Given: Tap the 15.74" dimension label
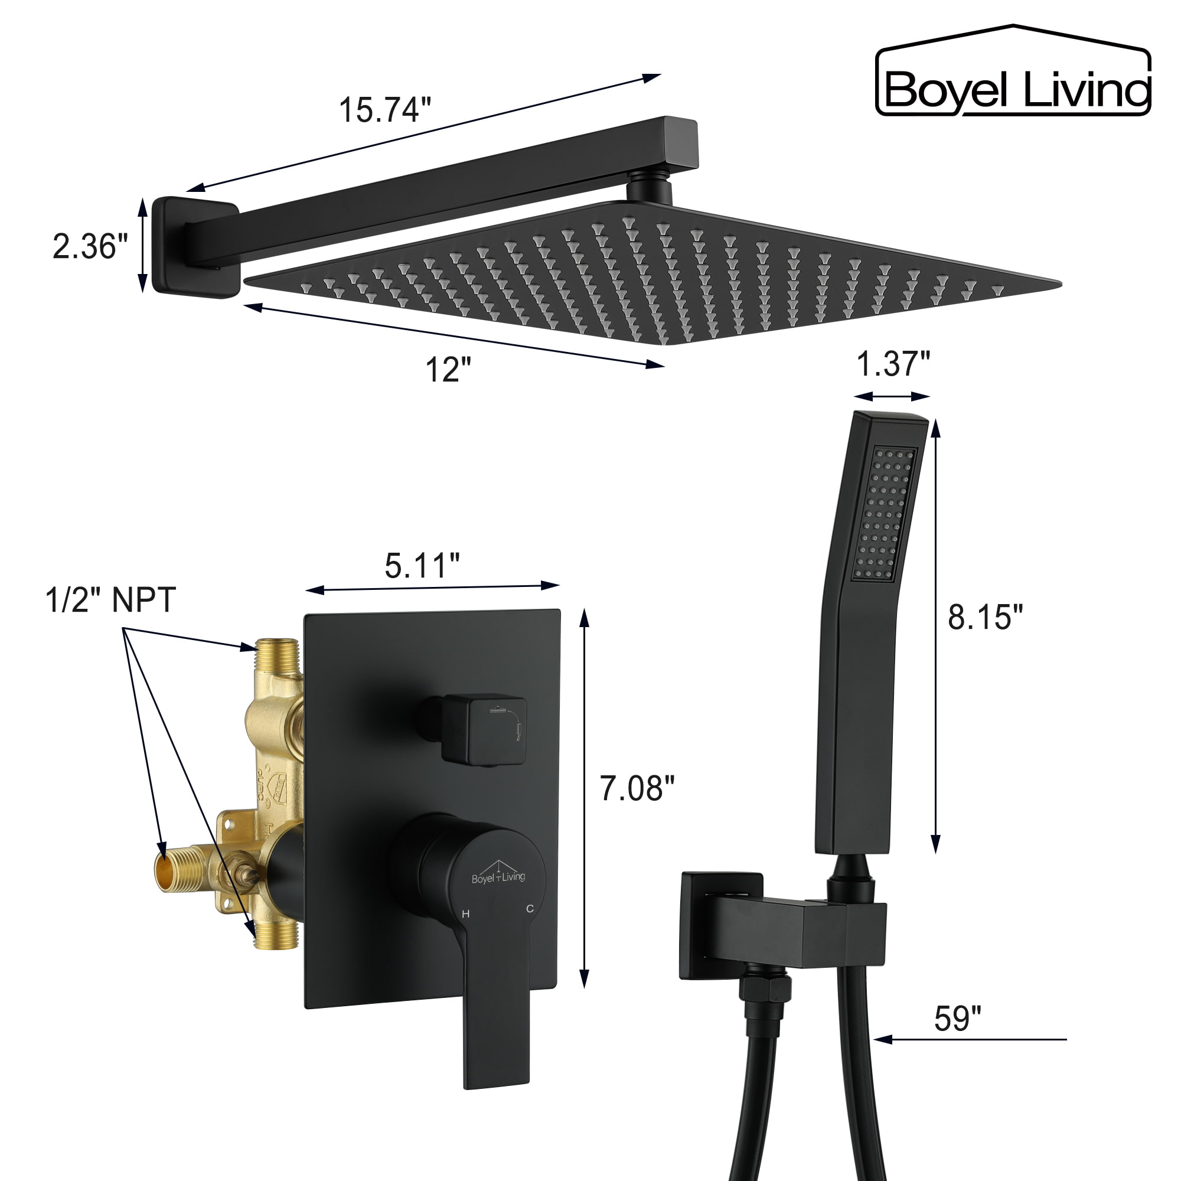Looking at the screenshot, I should [385, 110].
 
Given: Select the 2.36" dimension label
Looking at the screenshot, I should [90, 247].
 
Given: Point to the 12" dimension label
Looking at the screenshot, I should [448, 370].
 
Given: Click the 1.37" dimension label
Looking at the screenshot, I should [892, 364].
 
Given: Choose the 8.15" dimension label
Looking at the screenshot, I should [985, 617].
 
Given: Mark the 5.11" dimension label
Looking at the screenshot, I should [422, 566].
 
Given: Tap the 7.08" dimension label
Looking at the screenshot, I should [637, 788].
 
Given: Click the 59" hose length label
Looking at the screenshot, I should [957, 1019].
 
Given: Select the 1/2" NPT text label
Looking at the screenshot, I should [110, 600].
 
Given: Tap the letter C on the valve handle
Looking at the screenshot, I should [530, 909].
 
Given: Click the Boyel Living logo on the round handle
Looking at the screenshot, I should [498, 876].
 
